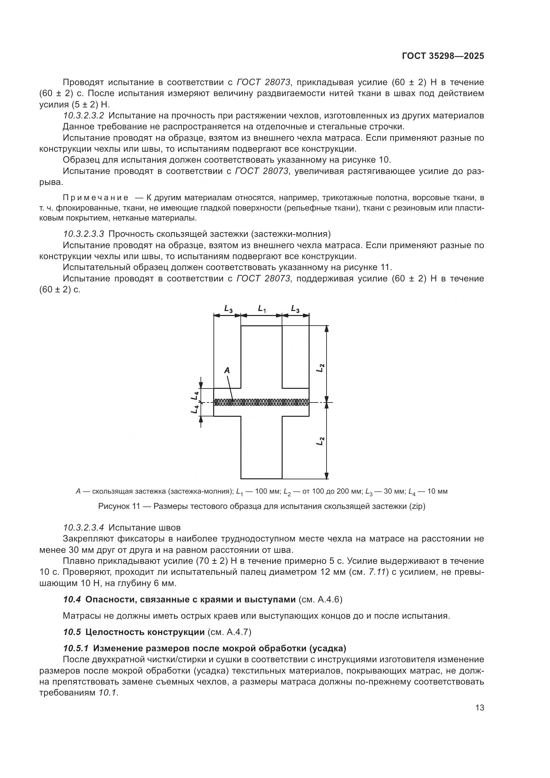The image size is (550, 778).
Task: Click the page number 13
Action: point(480,708)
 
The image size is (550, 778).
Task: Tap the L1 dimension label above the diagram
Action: point(262,309)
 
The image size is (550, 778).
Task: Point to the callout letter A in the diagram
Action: point(227,371)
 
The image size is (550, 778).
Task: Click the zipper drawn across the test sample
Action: point(261,402)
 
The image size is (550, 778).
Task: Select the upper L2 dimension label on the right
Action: point(320,368)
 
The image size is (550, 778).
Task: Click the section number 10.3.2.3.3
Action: point(84,234)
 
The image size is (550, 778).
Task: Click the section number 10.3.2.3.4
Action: point(84,528)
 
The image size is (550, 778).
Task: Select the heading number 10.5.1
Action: point(76,648)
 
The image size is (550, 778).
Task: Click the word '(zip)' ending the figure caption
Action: point(417,507)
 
